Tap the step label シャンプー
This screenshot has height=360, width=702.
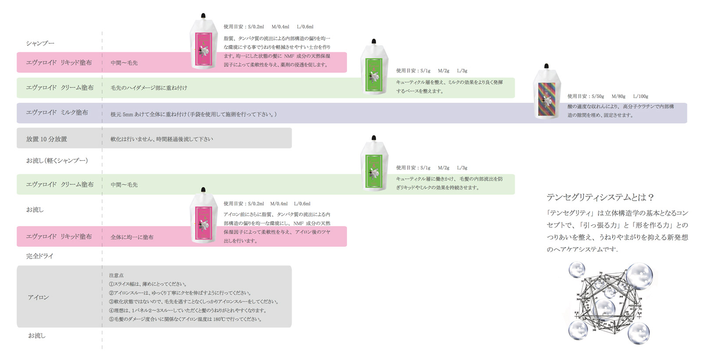40,43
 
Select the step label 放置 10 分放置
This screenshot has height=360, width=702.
47,139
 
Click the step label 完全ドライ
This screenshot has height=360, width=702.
39,256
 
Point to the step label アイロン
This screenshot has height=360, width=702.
38,297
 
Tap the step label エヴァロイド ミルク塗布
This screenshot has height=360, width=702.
57,113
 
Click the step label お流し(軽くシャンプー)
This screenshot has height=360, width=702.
57,161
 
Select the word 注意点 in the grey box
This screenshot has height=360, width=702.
116,275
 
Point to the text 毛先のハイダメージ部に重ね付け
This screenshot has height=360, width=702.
149,88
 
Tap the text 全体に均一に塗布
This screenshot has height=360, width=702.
132,237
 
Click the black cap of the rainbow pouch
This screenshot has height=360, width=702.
546,66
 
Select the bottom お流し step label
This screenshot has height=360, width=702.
37,335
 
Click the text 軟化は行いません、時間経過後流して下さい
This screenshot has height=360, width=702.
161,139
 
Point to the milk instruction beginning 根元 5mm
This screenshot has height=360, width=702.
193,114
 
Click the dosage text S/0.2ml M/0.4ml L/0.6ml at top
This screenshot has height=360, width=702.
268,27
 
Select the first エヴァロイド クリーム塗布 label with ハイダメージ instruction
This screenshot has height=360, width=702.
60,88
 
